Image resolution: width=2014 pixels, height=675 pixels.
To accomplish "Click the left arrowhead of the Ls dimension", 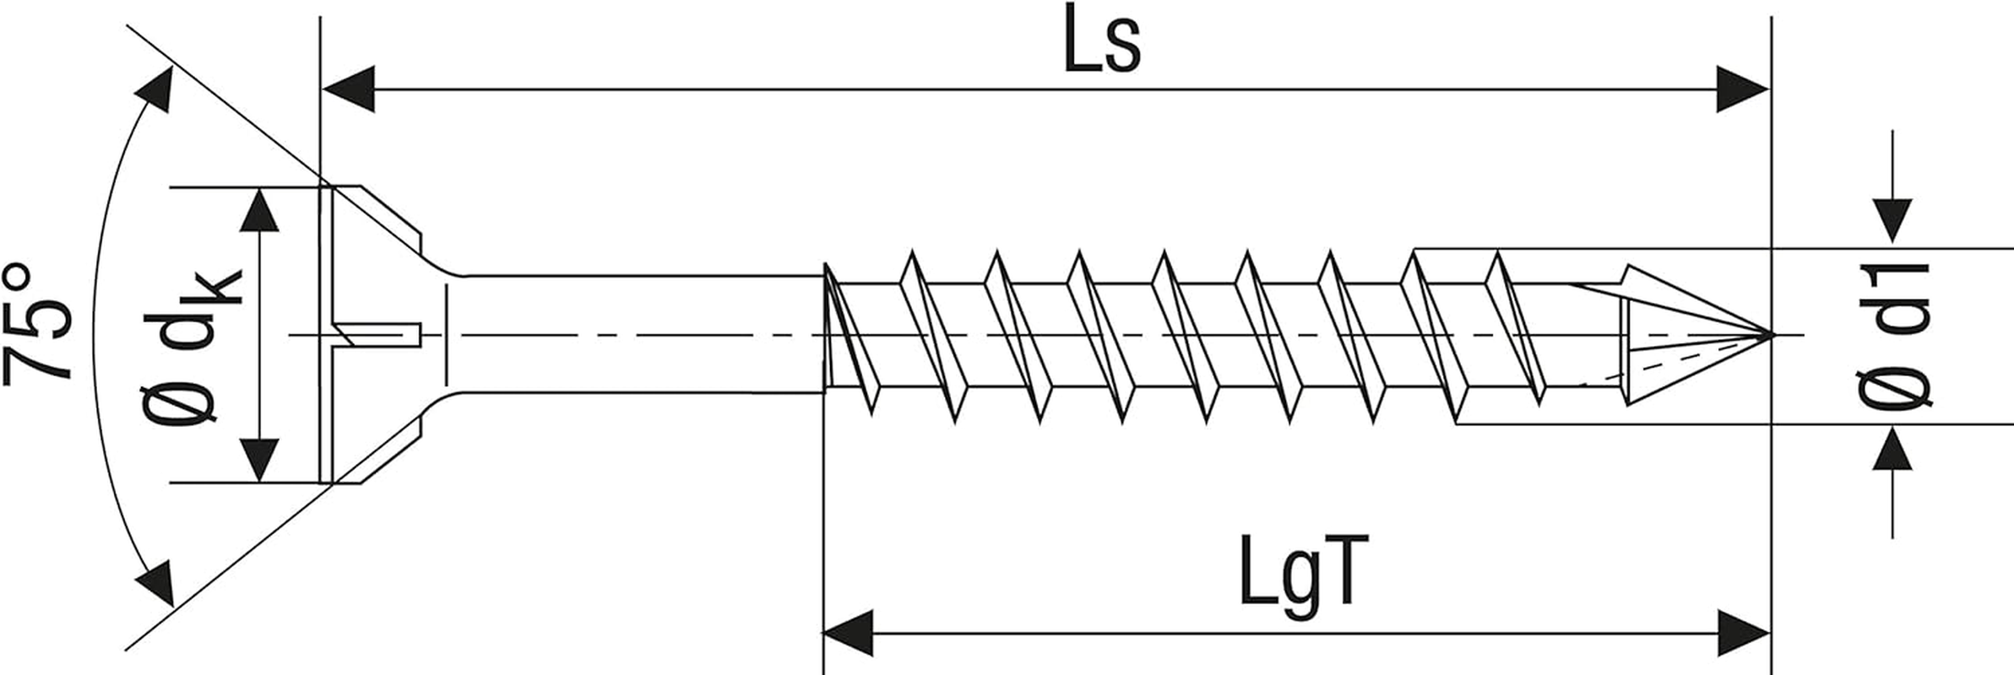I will point(348,89).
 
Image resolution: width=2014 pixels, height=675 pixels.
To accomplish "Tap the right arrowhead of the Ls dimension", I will point(1743,89).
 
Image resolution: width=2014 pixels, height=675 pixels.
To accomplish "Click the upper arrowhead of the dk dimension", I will point(259,209).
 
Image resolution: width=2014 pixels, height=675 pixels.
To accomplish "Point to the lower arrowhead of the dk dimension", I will point(259,461).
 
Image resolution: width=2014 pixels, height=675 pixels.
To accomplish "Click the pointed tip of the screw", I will point(1770,334).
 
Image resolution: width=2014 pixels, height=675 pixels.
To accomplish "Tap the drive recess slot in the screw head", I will point(376,334).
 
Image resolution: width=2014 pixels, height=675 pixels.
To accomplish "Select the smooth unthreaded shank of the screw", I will point(633,334).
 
